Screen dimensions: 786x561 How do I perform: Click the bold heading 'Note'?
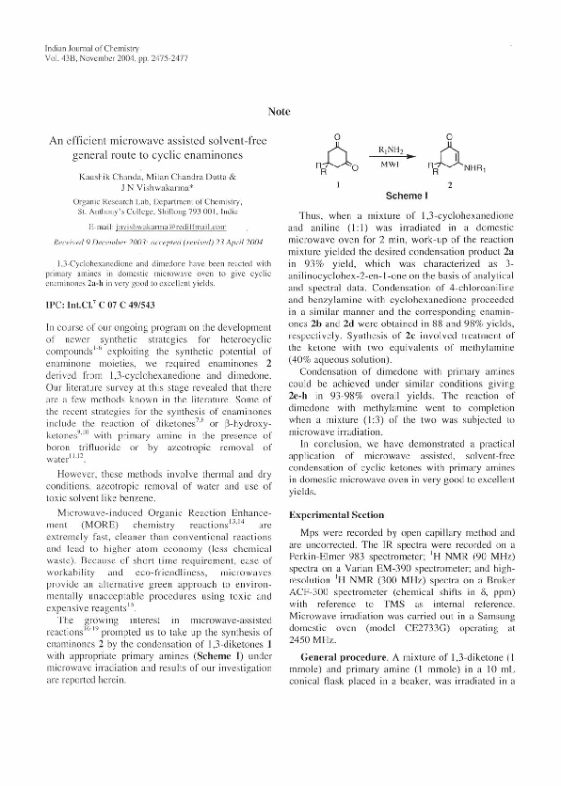280,111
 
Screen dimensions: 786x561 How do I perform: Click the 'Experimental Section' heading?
337,514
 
